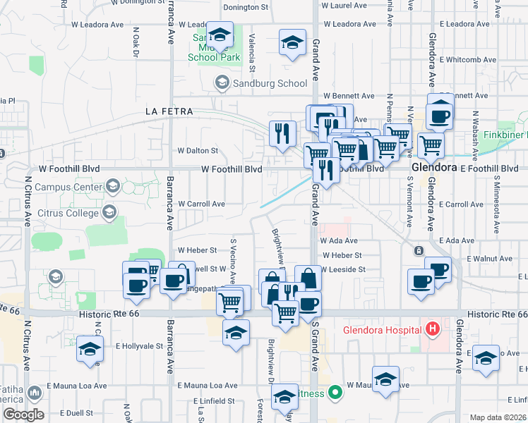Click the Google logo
pyautogui.click(x=23, y=415)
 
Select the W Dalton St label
pyautogui.click(x=198, y=150)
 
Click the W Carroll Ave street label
pyautogui.click(x=201, y=204)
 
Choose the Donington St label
pyautogui.click(x=246, y=8)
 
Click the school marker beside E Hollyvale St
pyautogui.click(x=90, y=350)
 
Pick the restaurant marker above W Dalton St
pyautogui.click(x=282, y=133)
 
